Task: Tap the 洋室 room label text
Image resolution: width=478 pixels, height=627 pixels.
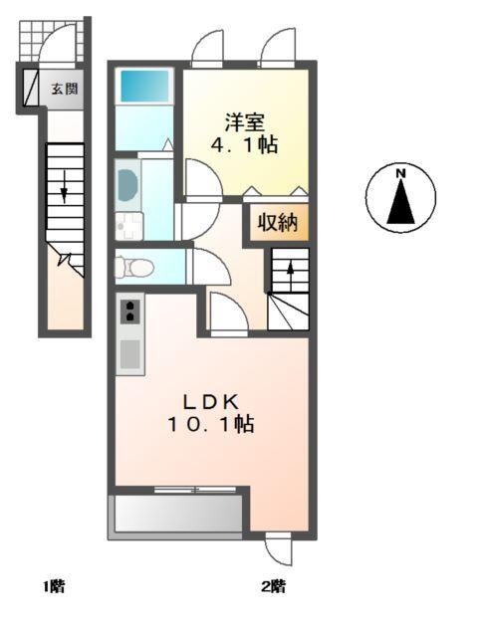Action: click(x=243, y=122)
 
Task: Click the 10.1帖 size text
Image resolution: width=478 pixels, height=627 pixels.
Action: click(x=210, y=425)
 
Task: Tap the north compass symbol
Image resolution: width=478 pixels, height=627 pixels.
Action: click(x=400, y=197)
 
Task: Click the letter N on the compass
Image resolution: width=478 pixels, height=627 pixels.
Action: click(x=401, y=174)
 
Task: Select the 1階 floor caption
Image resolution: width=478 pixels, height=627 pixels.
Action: click(x=53, y=586)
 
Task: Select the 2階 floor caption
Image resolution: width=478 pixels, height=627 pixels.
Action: click(x=274, y=586)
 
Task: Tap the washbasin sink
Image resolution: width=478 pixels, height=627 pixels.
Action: click(x=126, y=183)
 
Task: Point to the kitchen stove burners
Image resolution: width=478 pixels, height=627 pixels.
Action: click(x=129, y=313)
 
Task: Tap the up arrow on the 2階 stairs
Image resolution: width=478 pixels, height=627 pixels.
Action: click(x=290, y=270)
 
